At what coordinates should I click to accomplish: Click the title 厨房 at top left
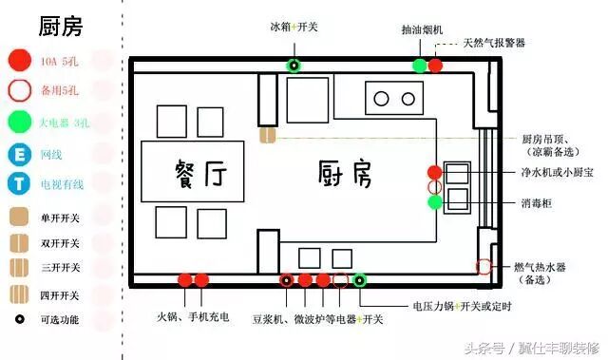pos(59,26)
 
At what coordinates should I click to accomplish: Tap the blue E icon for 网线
pos(19,154)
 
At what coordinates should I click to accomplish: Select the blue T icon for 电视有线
pos(19,184)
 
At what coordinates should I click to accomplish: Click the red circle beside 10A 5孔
pos(19,62)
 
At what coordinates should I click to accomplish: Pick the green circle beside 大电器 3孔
pos(19,123)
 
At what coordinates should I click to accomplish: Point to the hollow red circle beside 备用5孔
pos(19,92)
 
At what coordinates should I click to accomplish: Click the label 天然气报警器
pos(494,43)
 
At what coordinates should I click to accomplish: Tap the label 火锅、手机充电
pos(194,317)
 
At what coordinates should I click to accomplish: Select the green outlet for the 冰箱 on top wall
pos(294,66)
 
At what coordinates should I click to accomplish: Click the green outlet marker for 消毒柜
pos(434,202)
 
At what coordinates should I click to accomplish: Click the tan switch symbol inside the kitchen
pos(267,137)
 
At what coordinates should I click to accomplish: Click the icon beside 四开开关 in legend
pos(19,293)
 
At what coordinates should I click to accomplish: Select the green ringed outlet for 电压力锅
pos(360,280)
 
